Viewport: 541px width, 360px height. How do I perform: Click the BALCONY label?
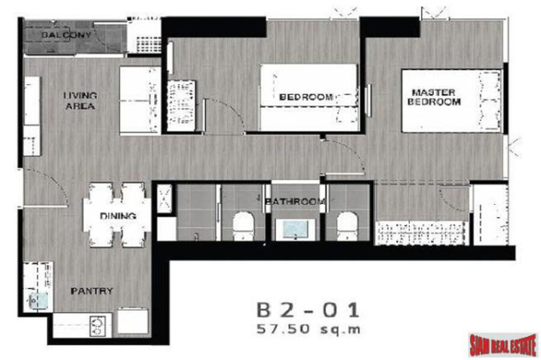[x=66, y=35]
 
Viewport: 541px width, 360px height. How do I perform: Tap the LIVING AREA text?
[x=80, y=101]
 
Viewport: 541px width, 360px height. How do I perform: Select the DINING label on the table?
[x=118, y=216]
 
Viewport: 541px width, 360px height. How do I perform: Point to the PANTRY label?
[x=91, y=291]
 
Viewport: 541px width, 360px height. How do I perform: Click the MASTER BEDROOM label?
[x=433, y=97]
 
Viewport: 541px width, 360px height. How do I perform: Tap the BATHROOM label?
[x=295, y=201]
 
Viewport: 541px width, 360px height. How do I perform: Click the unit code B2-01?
[x=308, y=310]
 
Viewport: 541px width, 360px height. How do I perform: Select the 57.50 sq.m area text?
[x=308, y=329]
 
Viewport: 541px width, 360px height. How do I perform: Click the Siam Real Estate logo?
[x=503, y=344]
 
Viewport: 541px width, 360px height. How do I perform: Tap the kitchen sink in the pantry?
[x=38, y=301]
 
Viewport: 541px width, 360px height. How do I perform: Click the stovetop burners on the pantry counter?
[x=97, y=326]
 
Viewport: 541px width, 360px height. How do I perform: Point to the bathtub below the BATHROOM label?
[x=295, y=230]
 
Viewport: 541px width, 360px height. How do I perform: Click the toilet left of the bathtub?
[x=243, y=226]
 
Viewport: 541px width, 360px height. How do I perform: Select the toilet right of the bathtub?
[x=347, y=226]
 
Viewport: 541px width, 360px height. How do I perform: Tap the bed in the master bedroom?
[x=451, y=101]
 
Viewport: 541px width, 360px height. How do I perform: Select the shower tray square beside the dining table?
[x=164, y=198]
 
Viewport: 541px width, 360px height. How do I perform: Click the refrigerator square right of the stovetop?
[x=133, y=321]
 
